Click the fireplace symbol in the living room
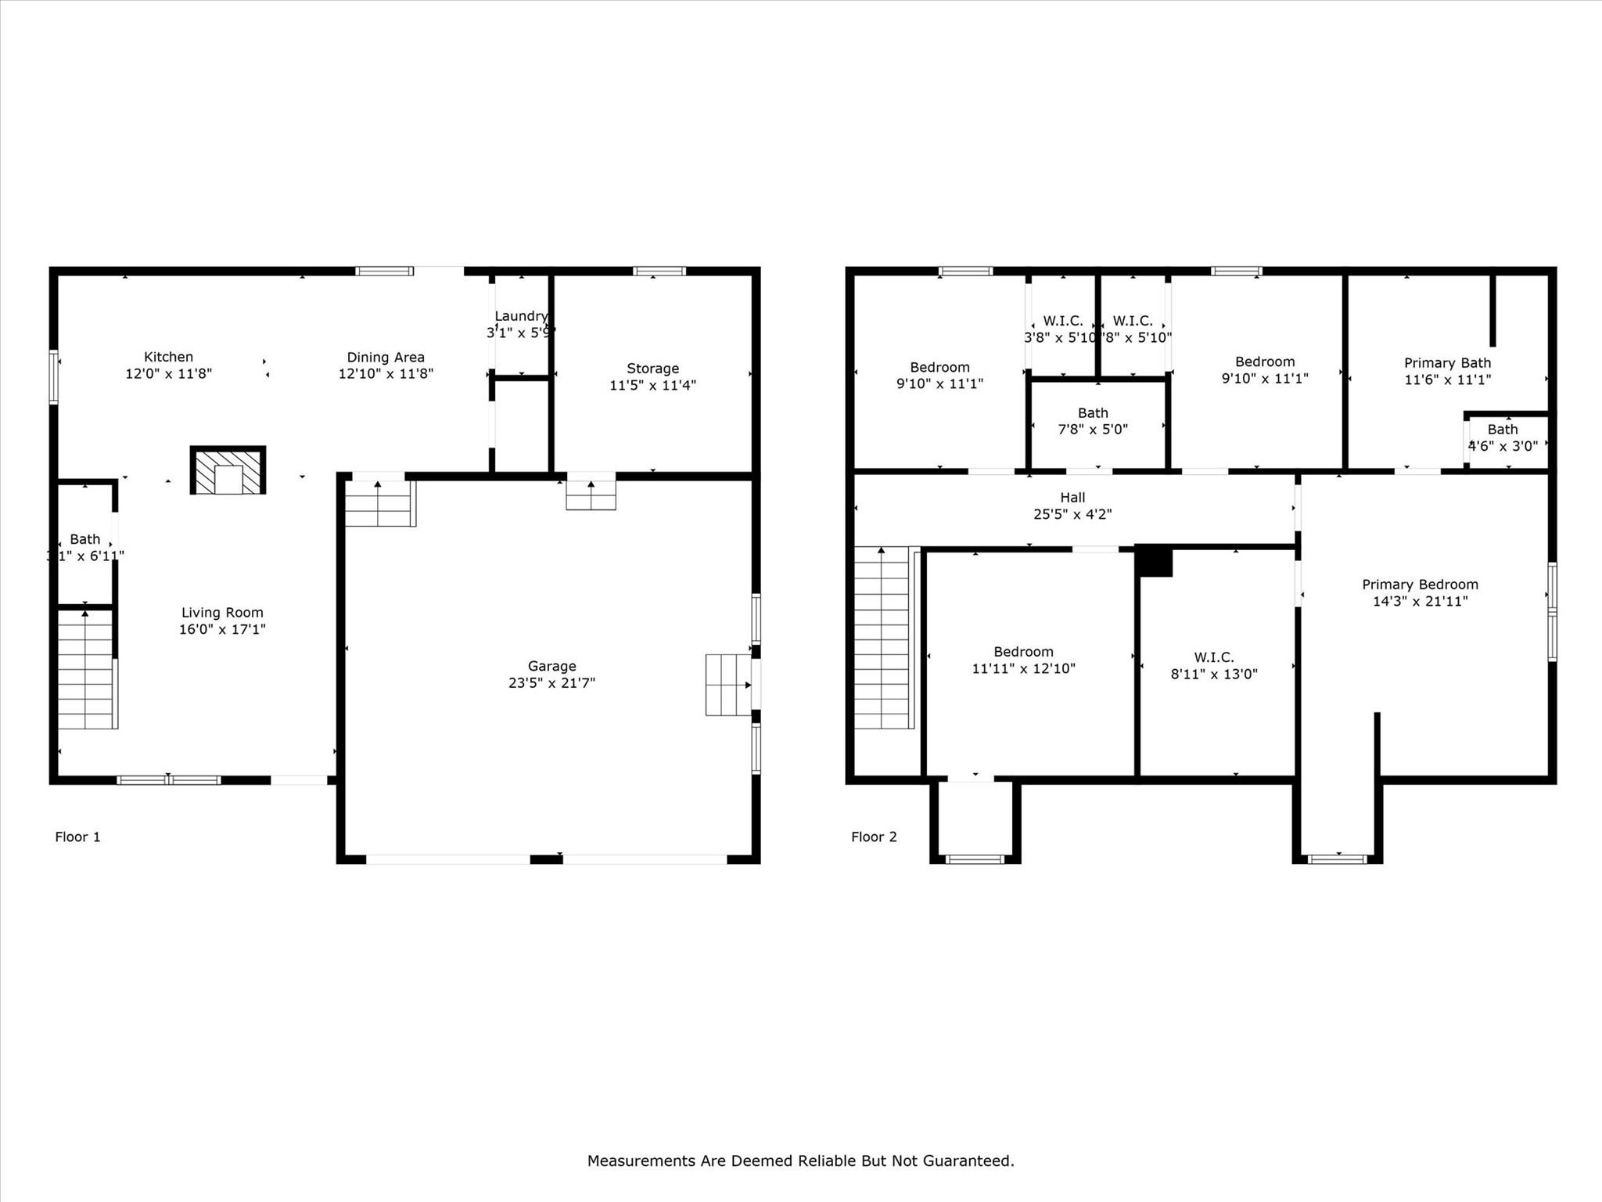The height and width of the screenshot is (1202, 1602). pyautogui.click(x=228, y=470)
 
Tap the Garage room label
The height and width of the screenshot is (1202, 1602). pyautogui.click(x=551, y=666)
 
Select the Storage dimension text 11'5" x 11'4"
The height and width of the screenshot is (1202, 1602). pyautogui.click(x=652, y=385)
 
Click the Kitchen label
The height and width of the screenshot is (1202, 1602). pyautogui.click(x=168, y=357)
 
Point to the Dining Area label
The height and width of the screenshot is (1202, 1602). pyautogui.click(x=386, y=358)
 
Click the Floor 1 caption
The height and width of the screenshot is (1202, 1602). pyautogui.click(x=77, y=837)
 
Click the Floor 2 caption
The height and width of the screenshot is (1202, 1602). pyautogui.click(x=874, y=837)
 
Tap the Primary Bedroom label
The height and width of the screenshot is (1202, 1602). pyautogui.click(x=1420, y=585)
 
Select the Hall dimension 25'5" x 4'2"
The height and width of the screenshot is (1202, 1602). pyautogui.click(x=1072, y=515)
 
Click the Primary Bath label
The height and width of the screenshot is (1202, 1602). pyautogui.click(x=1447, y=363)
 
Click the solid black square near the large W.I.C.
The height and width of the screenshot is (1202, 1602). pyautogui.click(x=1155, y=562)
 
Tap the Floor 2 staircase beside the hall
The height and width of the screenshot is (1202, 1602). pyautogui.click(x=882, y=638)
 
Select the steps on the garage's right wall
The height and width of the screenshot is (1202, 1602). pyautogui.click(x=727, y=685)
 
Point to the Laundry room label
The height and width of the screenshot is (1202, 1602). pyautogui.click(x=521, y=316)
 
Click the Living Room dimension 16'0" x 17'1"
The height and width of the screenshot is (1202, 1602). pyautogui.click(x=222, y=629)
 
